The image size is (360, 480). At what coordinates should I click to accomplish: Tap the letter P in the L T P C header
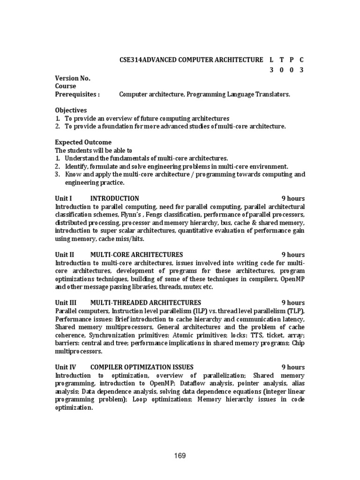tap(291, 60)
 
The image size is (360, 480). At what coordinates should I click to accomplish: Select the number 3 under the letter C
tap(302, 70)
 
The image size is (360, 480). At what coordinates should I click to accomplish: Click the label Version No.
tap(73, 78)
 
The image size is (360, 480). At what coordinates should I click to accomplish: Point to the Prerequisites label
tap(77, 94)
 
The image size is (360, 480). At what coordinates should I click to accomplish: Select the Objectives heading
tap(71, 110)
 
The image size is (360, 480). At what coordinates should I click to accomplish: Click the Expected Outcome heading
tap(83, 142)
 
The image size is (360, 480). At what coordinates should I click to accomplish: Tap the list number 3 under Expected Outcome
tap(57, 174)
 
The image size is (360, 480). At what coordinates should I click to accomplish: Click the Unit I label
tap(64, 198)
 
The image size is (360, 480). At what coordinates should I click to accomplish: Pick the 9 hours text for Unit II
tap(293, 255)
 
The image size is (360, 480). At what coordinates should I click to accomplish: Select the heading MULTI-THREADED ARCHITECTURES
tap(145, 302)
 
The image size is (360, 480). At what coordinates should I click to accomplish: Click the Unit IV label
tap(65, 367)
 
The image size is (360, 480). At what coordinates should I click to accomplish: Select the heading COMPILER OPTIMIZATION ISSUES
tap(141, 367)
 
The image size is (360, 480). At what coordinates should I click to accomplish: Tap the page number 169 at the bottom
tap(180, 456)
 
